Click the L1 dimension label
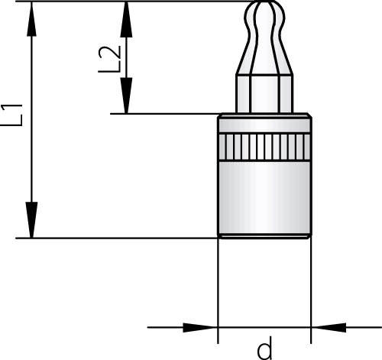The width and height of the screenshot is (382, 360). pyautogui.click(x=11, y=115)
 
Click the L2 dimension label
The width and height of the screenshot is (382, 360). pyautogui.click(x=109, y=60)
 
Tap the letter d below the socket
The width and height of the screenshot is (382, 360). pyautogui.click(x=265, y=347)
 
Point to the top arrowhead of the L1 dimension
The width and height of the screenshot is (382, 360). pyautogui.click(x=31, y=19)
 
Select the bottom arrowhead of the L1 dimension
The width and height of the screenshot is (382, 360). pyautogui.click(x=31, y=220)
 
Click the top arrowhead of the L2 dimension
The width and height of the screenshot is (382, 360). pyautogui.click(x=126, y=20)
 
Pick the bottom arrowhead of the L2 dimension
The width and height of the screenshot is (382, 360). pyautogui.click(x=126, y=96)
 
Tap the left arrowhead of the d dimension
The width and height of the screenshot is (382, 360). pyautogui.click(x=200, y=328)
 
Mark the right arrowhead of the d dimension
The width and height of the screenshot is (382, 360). pyautogui.click(x=329, y=328)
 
